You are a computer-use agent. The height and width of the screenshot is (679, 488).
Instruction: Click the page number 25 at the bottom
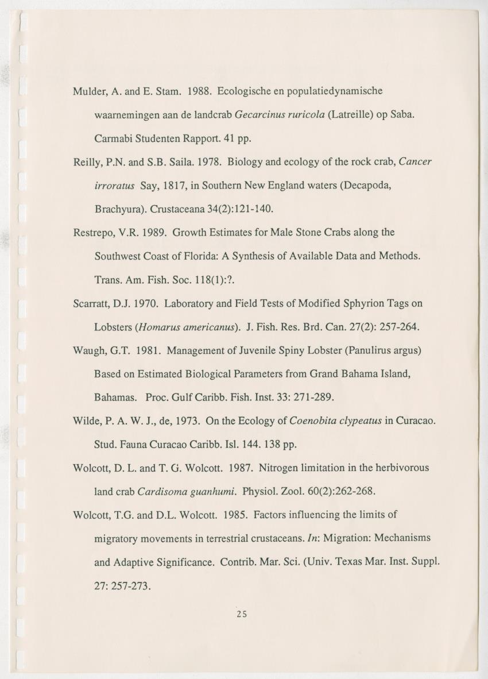pyautogui.click(x=241, y=614)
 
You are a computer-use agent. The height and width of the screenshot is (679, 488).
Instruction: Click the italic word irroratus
pyautogui.click(x=114, y=186)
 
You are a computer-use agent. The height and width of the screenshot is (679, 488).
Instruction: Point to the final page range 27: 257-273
pyautogui.click(x=122, y=585)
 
